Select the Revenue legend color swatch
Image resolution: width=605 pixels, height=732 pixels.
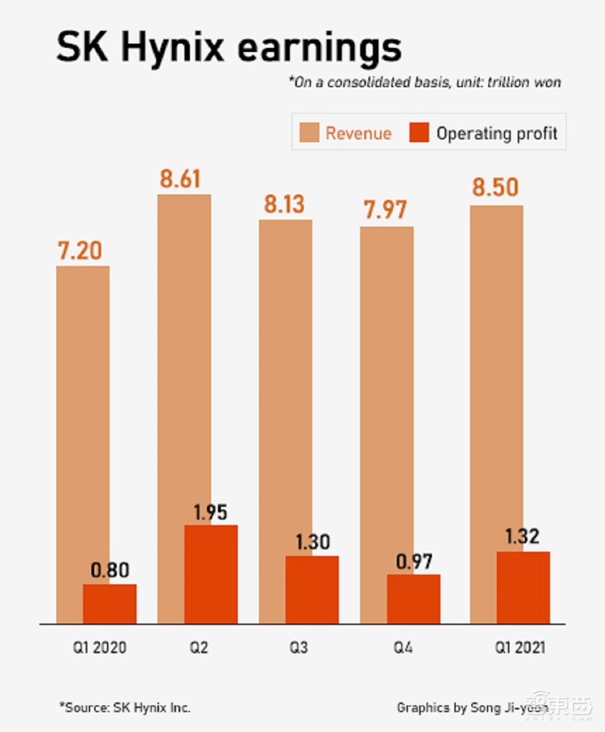pos(309,133)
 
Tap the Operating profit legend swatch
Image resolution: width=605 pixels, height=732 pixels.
pos(419,133)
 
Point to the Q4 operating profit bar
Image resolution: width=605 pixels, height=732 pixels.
pos(414,599)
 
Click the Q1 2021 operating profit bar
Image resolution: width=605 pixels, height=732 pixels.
pos(523,587)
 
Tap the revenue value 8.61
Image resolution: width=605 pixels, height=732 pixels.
pos(180,180)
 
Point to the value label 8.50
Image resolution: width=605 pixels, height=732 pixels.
pos(495,188)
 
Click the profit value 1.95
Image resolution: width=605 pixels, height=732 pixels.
pos(211,512)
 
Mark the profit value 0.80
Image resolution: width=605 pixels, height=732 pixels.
pos(110,570)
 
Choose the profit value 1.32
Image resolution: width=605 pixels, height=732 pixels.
pos(523,537)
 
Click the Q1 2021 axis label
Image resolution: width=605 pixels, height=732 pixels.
pos(520,647)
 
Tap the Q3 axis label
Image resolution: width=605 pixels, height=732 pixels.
pos(298,647)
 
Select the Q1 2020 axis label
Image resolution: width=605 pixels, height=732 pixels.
pos(96,647)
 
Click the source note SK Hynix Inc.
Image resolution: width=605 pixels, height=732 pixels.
pos(124,707)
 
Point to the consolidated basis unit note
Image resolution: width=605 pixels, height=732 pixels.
pos(425,82)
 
